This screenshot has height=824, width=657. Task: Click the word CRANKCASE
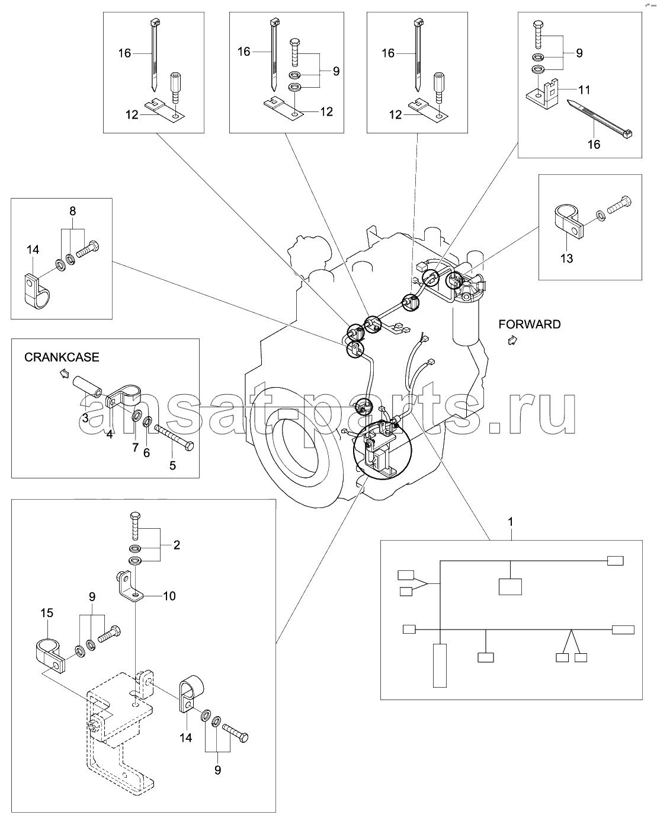[62, 357]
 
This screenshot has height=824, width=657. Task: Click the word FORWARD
[529, 324]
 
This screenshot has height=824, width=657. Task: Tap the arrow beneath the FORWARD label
[512, 340]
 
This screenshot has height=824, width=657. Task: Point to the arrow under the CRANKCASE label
[65, 373]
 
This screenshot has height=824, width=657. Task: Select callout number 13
[566, 258]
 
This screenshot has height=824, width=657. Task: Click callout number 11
[584, 90]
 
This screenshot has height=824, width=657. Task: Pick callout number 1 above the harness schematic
[510, 522]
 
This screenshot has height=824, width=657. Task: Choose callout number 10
[169, 596]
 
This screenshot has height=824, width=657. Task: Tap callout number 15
[47, 612]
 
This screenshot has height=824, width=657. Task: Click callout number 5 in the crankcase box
[172, 465]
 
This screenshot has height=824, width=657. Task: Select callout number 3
[85, 418]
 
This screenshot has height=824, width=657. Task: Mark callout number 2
[177, 545]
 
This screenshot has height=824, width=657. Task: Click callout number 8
[73, 211]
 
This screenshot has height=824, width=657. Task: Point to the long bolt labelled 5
[174, 437]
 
